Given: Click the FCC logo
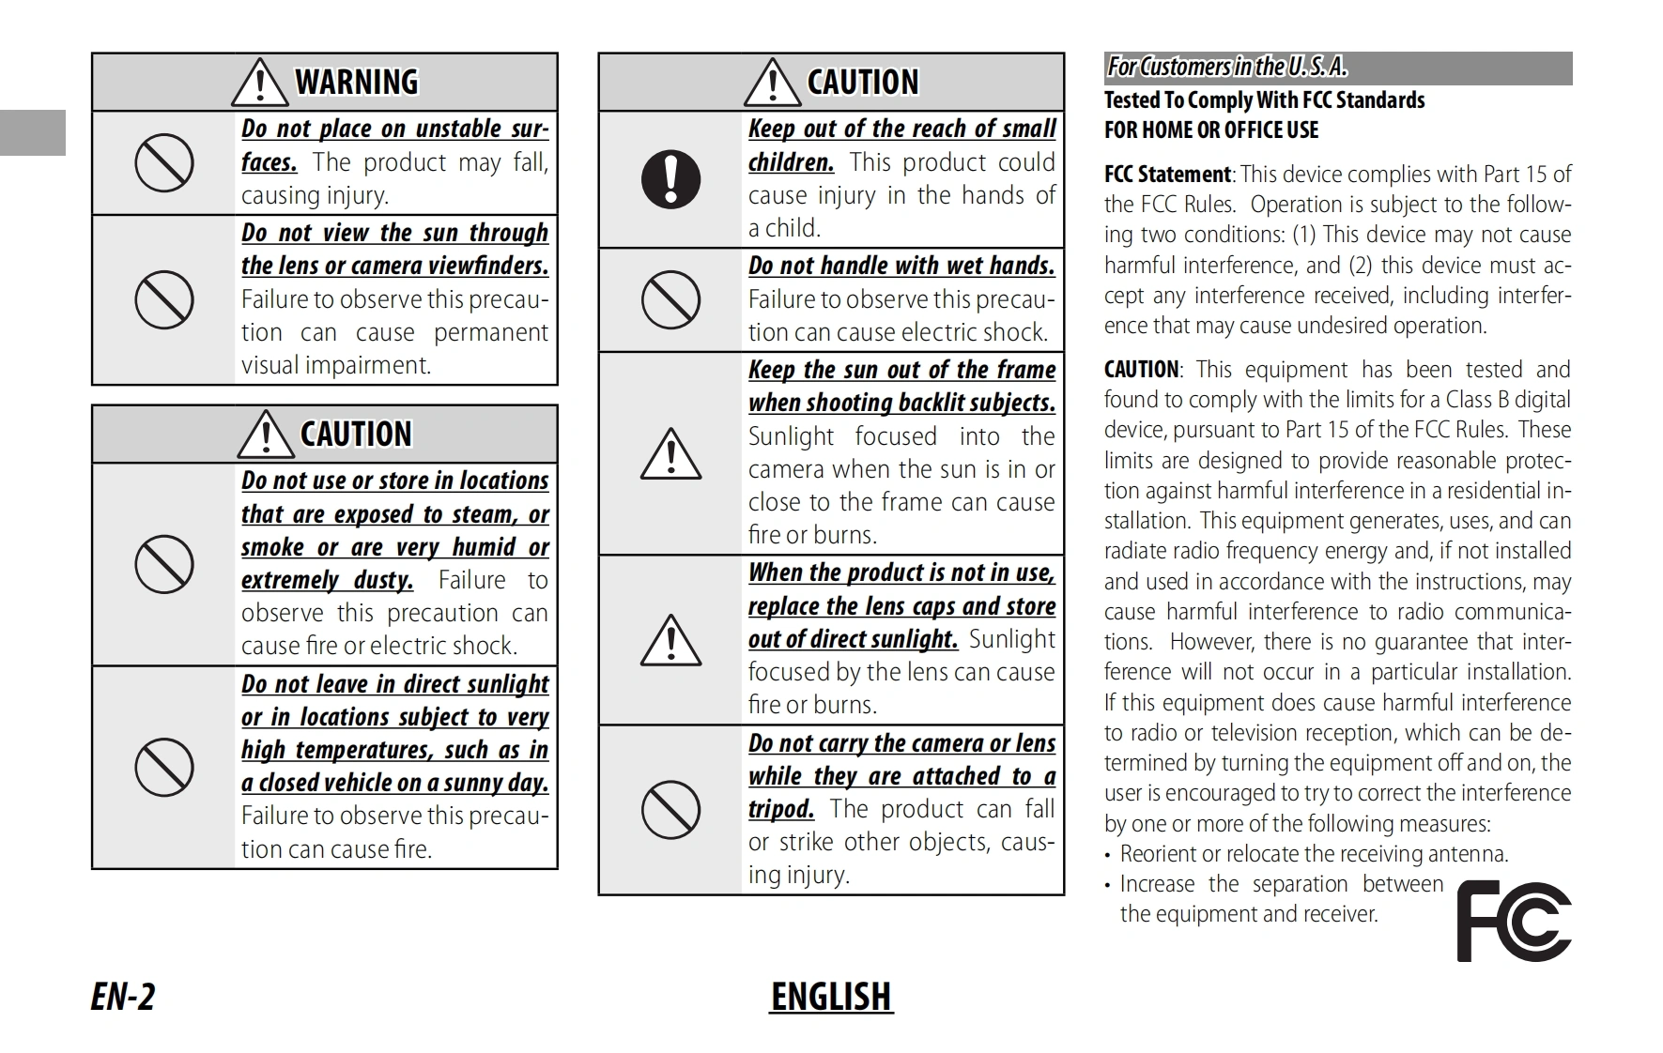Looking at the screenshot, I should coord(1513,921).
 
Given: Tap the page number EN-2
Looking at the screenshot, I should coord(123,997).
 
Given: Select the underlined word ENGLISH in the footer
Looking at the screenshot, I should coord(831,997).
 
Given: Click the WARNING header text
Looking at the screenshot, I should coord(357,83).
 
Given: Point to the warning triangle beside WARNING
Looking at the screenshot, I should coord(260,83).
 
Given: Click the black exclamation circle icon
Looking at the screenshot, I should coord(670,179).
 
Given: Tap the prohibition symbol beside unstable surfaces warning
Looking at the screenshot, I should coord(164,163).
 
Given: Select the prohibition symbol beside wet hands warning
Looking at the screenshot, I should coord(670,300).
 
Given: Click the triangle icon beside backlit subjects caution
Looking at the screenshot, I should coord(670,454).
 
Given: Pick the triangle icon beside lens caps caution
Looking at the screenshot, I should coord(670,641).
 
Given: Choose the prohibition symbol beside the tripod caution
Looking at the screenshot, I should coord(670,810).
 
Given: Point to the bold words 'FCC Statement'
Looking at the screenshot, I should coord(1167,175).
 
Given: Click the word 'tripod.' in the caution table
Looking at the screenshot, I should coord(781,809).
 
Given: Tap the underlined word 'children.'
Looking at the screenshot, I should coord(791,162).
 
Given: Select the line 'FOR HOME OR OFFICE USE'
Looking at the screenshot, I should coord(1211,130).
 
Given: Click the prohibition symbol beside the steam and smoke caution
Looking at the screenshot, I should coord(164,565).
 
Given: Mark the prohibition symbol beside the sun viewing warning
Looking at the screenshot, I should coord(164,300).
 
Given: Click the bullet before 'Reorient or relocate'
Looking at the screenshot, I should coord(1109,855).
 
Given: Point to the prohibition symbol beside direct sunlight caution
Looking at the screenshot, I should coord(164,768).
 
